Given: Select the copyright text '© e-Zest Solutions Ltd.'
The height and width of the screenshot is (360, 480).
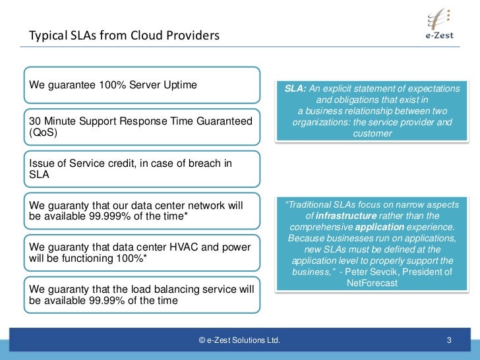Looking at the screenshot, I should (239, 341).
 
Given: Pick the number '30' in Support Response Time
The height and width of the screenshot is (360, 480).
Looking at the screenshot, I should (35, 122).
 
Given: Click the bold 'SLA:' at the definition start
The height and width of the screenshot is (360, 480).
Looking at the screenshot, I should (295, 88).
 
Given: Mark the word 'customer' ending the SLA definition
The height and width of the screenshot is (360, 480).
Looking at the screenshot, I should (372, 133).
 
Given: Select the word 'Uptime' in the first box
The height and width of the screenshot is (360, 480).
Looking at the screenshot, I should (180, 85).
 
